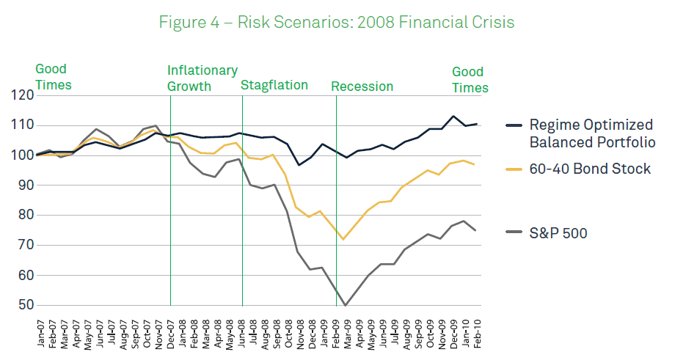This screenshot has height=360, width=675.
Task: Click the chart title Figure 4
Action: pyautogui.click(x=337, y=22)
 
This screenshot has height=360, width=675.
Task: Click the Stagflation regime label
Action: pyautogui.click(x=274, y=85)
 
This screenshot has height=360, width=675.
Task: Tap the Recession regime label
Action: pyautogui.click(x=362, y=87)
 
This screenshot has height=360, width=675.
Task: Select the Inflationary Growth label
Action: pyautogui.click(x=202, y=78)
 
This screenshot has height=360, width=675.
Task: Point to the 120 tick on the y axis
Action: pyautogui.click(x=23, y=95)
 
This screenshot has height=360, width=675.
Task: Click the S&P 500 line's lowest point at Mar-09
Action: pyautogui.click(x=345, y=305)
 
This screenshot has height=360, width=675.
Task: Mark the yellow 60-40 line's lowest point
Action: pyautogui.click(x=343, y=239)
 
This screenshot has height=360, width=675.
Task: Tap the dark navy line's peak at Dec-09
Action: pyautogui.click(x=453, y=116)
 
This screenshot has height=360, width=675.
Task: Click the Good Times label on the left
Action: pyautogui.click(x=53, y=77)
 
